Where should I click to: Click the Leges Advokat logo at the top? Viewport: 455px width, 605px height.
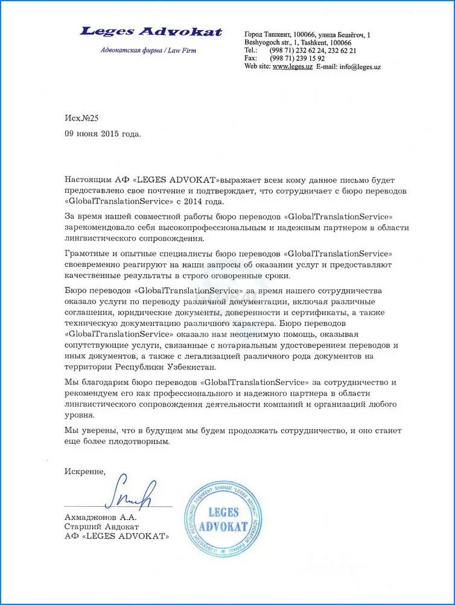[x=150, y=32]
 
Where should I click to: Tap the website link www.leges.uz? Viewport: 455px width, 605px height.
[x=292, y=67]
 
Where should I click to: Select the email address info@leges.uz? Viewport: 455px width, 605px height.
[x=360, y=67]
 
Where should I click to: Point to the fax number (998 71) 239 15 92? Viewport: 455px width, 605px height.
[x=297, y=58]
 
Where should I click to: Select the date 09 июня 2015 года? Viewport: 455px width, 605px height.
[x=103, y=134]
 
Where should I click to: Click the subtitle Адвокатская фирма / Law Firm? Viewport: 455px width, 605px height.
[x=148, y=51]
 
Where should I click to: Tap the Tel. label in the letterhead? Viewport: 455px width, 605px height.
[x=251, y=51]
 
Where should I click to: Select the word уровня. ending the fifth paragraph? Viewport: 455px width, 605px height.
[x=79, y=415]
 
